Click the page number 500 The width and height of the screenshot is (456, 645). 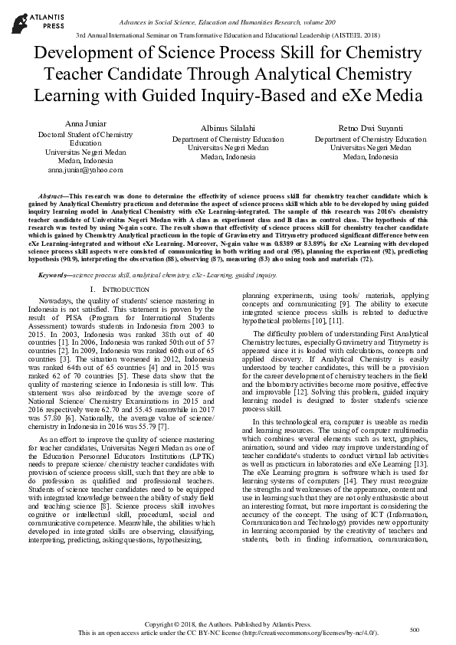point(415,630)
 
